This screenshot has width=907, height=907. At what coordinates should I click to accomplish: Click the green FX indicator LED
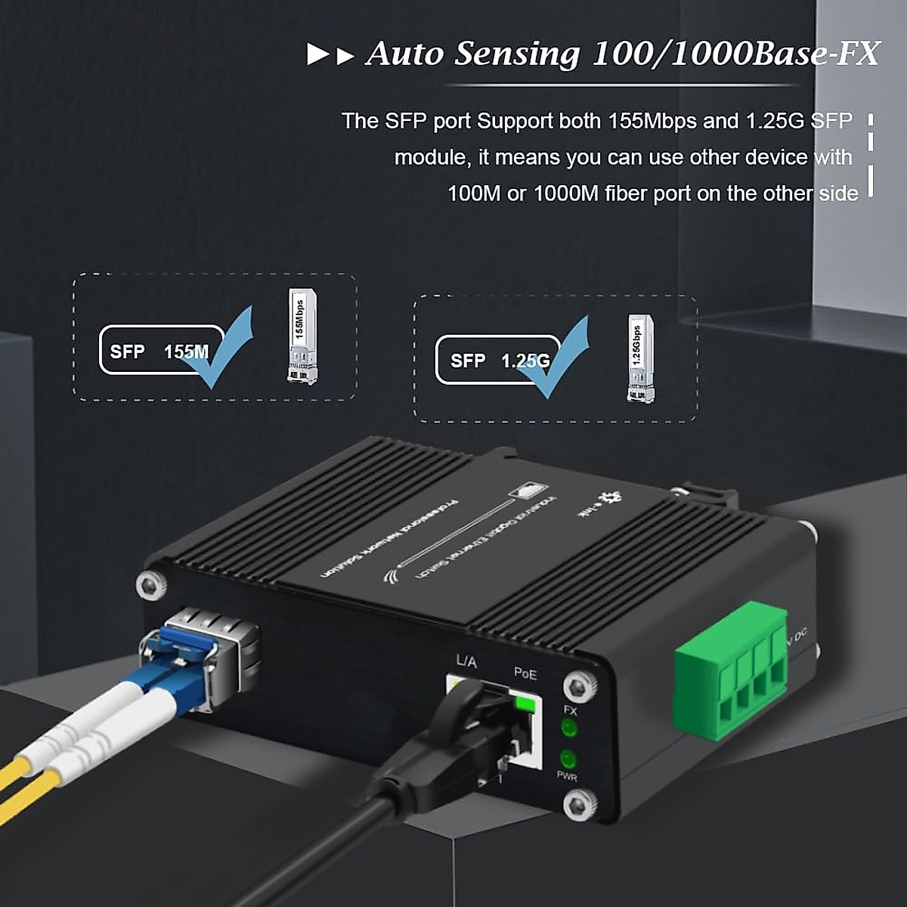click(568, 729)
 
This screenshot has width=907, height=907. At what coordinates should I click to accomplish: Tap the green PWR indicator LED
click(568, 759)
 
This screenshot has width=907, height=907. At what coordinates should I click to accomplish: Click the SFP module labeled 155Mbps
click(302, 336)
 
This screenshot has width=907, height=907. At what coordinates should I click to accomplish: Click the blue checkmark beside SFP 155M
click(218, 347)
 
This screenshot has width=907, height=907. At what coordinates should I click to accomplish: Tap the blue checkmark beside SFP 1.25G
click(559, 360)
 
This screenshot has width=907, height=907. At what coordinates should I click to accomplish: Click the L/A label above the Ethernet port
click(466, 662)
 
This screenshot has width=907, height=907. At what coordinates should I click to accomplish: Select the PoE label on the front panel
click(525, 671)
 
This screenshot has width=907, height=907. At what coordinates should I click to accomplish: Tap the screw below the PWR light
click(580, 803)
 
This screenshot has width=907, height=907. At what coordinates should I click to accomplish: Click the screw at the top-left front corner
click(148, 584)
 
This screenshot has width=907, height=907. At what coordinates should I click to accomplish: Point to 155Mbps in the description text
click(652, 121)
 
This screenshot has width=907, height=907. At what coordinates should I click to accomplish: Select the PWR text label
click(567, 776)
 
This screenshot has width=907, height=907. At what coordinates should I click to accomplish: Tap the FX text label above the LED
click(570, 710)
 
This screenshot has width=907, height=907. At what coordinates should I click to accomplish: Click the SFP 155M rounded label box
click(162, 350)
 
